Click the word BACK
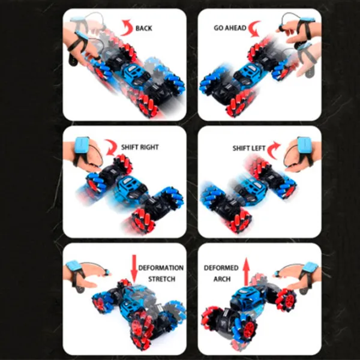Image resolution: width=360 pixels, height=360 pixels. tap(144, 28)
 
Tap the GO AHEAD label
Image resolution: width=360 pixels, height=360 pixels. tap(230, 28)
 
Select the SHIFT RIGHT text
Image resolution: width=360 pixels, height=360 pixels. tap(140, 147)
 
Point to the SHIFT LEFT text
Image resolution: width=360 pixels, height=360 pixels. tap(249, 148)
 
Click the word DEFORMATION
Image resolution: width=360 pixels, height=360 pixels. tap(161, 268)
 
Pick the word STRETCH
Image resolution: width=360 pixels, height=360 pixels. tap(161, 279)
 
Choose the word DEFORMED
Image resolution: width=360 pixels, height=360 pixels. tap(221, 268)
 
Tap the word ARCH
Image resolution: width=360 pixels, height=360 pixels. tap(222, 279)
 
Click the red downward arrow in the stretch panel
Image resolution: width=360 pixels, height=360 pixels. tap(134, 269)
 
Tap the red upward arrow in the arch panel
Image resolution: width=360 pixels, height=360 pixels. tap(247, 272)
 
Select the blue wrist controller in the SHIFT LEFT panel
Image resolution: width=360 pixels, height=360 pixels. tap(304, 146)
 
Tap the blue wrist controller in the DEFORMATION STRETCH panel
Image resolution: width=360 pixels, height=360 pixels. tap(73, 267)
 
